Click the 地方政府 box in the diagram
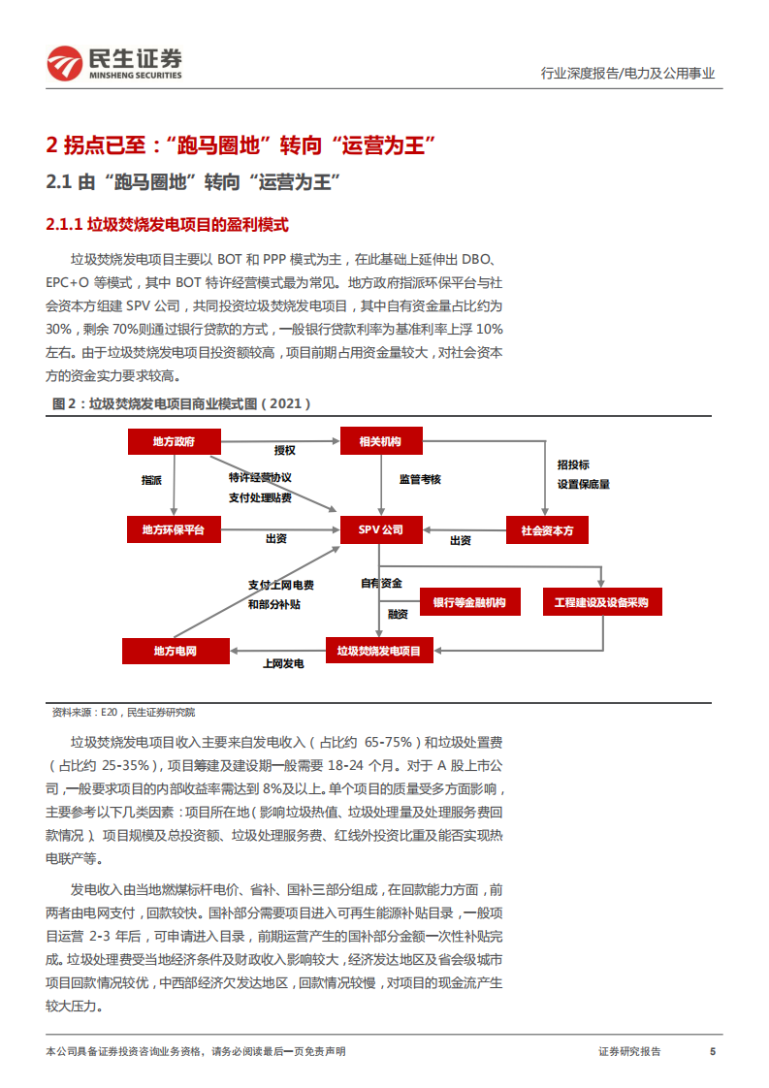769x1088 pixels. pyautogui.click(x=175, y=442)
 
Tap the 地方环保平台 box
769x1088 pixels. pyautogui.click(x=175, y=529)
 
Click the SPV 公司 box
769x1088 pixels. pyautogui.click(x=380, y=529)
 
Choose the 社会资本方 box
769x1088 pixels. pyautogui.click(x=548, y=529)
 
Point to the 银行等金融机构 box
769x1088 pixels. pyautogui.click(x=469, y=602)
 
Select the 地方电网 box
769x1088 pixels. pyautogui.click(x=176, y=651)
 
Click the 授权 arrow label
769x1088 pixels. pyautogui.click(x=284, y=451)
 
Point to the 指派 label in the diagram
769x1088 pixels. pyautogui.click(x=151, y=480)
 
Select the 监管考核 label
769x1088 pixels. pyautogui.click(x=420, y=479)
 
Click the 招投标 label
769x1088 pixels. pyautogui.click(x=573, y=464)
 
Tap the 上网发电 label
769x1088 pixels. pyautogui.click(x=283, y=664)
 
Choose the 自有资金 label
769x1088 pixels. pyautogui.click(x=381, y=583)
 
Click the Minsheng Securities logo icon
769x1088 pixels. pyautogui.click(x=66, y=64)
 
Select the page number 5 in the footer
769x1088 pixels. pyautogui.click(x=713, y=1052)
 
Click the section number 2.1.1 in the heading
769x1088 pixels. pyautogui.click(x=64, y=225)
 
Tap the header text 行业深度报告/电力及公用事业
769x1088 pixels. pyautogui.click(x=627, y=73)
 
